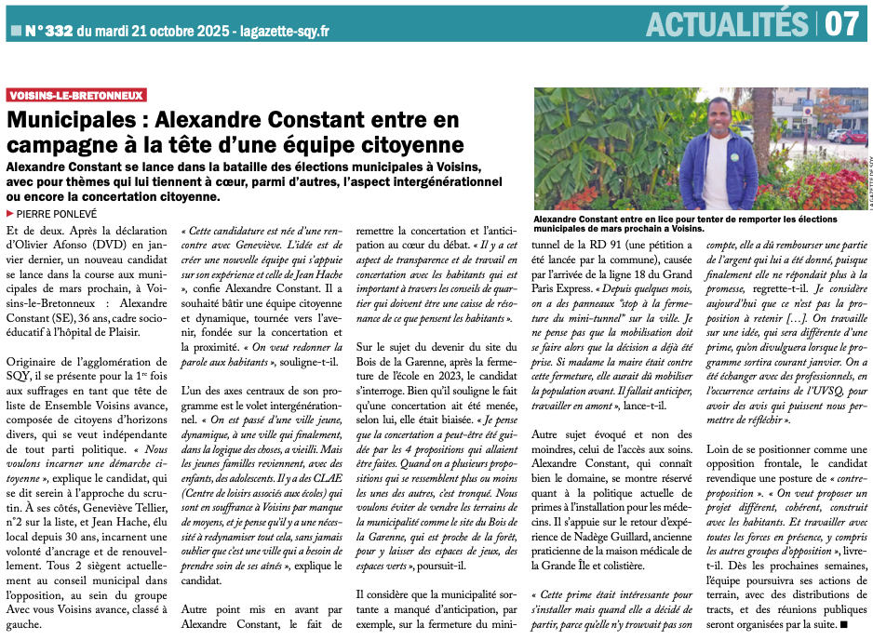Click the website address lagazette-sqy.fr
(x=284, y=32)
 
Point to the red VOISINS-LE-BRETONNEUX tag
(x=76, y=95)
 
